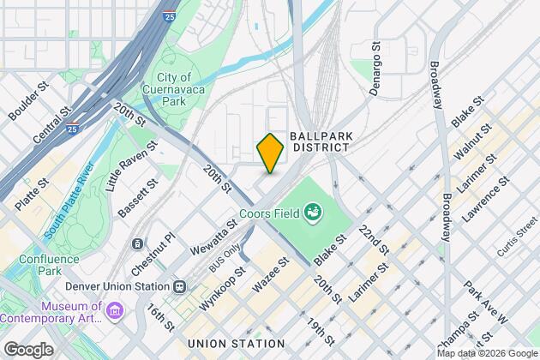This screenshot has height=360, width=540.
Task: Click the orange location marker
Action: (x=269, y=153)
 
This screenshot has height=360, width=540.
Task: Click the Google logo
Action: (x=27, y=349)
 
